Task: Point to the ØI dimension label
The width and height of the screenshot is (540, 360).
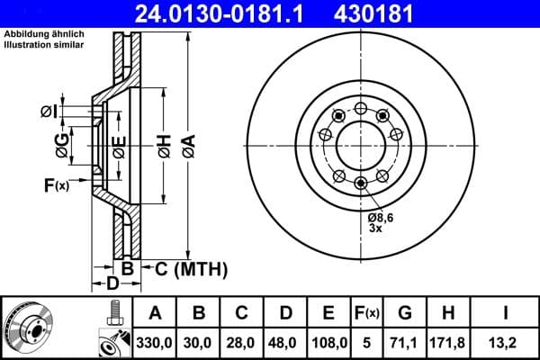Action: (50, 112)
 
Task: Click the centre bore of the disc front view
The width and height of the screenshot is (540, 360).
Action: (360, 143)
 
